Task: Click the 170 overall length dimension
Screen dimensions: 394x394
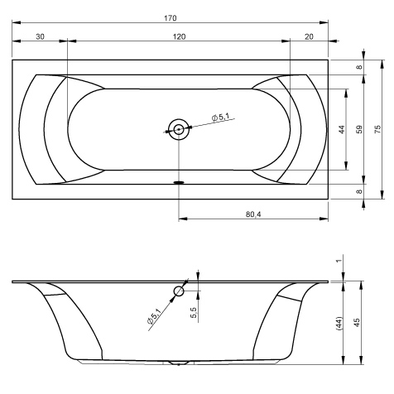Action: [171, 18]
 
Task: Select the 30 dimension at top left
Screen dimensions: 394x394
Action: [40, 36]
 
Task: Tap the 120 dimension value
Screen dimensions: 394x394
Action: [179, 36]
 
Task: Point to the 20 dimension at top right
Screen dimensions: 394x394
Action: [309, 36]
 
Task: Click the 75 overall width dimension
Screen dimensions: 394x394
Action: [377, 129]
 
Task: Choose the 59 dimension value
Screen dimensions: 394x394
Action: [359, 129]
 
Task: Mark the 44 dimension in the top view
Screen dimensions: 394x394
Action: [341, 129]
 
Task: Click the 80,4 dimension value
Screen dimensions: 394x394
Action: [253, 214]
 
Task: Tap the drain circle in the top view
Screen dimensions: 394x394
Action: [179, 129]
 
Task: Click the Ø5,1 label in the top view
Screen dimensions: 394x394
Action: [220, 117]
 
